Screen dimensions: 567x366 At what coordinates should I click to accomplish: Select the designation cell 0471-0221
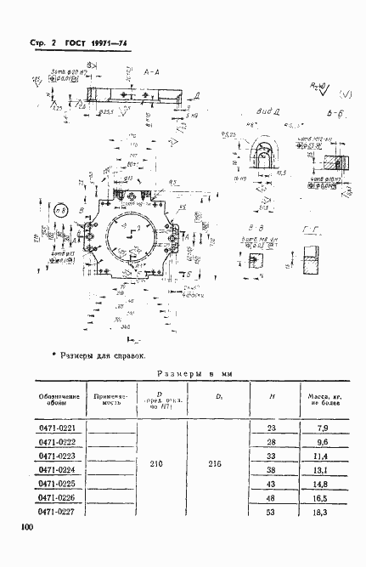(x=59, y=428)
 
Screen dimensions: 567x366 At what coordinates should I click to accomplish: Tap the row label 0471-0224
(x=59, y=468)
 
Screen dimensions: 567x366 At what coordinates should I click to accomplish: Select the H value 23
(x=271, y=428)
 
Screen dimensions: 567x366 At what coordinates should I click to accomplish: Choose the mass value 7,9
(x=321, y=428)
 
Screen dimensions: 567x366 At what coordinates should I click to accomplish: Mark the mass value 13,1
(x=321, y=468)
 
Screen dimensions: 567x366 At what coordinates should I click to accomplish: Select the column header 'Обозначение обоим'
(x=59, y=400)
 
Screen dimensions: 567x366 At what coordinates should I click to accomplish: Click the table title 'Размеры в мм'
(x=189, y=373)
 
